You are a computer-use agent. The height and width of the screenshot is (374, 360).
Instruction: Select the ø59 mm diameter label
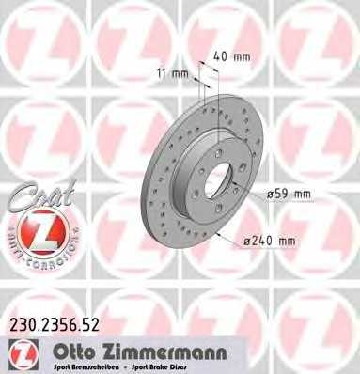290,194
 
